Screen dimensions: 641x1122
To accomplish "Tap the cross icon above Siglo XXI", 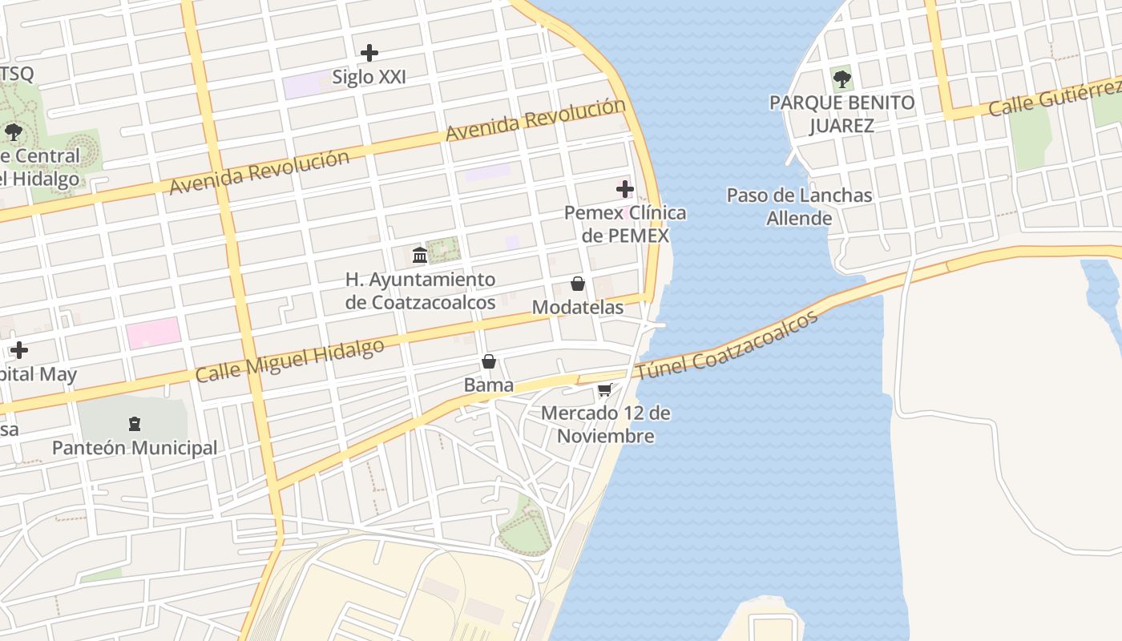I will point(369,53).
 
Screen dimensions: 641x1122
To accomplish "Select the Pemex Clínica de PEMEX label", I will point(625,224).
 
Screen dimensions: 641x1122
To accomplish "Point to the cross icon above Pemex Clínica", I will point(625,189).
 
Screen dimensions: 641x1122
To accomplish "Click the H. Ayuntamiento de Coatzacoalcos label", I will point(420,291).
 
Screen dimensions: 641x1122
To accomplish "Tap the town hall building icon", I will point(419,256).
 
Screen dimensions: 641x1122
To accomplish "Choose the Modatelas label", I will point(577,308).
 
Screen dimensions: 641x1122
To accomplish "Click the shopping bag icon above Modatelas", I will point(577,284).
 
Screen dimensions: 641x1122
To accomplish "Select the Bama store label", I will point(489,385).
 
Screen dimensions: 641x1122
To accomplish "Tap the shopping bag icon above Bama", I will point(489,361).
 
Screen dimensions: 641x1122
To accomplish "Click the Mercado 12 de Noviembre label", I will point(606,425).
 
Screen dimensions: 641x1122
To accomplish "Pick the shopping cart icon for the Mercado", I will point(605,390).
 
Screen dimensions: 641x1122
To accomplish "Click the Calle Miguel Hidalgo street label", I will point(290,361).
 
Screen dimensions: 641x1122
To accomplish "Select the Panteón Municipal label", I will point(135,448).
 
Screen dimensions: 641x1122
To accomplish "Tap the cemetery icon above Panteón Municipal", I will point(135,423).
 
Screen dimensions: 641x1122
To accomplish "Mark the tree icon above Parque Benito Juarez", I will point(841,79).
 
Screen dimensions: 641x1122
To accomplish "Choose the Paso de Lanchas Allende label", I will point(799,207).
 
